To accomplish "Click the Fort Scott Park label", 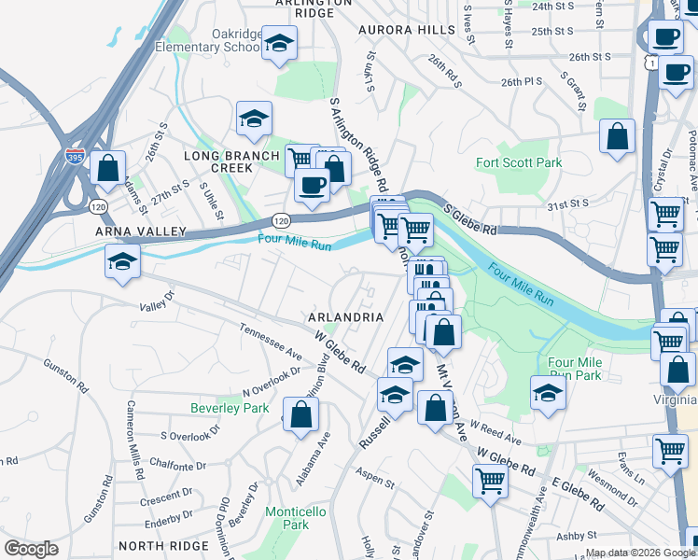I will [519, 162].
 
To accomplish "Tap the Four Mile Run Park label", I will [574, 368].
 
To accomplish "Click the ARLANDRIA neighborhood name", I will [346, 317].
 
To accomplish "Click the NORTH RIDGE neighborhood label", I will [157, 545].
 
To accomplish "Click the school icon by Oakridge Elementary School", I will [278, 44].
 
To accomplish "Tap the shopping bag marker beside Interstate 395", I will [108, 169].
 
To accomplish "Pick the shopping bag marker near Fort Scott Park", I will [617, 136].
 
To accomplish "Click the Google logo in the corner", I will [32, 549].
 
